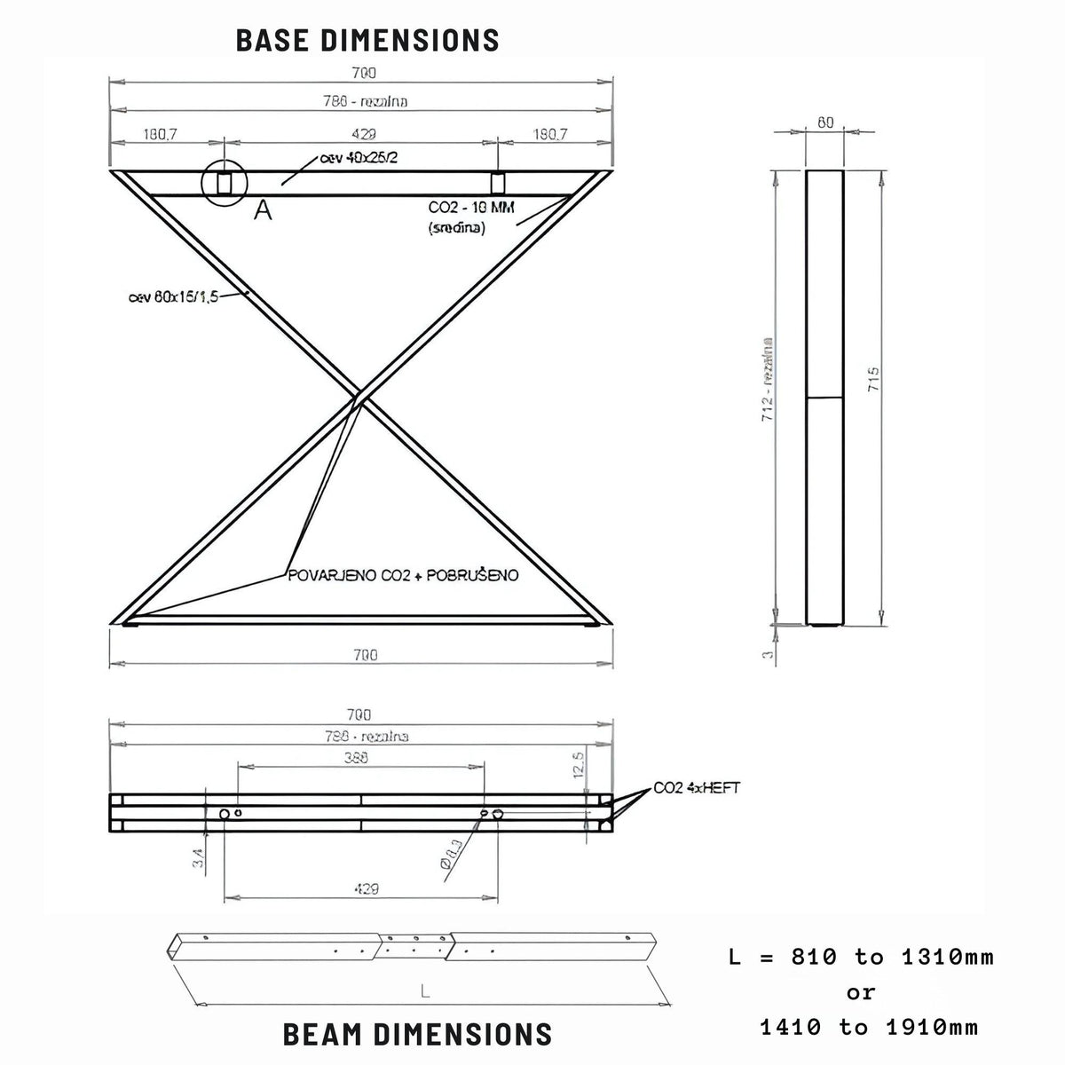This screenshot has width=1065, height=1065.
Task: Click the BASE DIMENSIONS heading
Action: tap(367, 40)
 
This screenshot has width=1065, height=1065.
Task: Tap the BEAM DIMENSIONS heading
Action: tap(417, 1034)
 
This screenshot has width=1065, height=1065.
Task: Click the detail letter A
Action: tap(263, 209)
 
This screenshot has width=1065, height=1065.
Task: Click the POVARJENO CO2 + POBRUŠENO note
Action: tap(403, 575)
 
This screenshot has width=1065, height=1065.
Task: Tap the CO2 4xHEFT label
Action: tap(696, 787)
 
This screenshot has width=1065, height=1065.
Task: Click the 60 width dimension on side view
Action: tap(825, 123)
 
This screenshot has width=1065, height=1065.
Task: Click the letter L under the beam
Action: tap(425, 993)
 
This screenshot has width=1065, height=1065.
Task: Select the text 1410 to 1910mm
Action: tap(869, 1028)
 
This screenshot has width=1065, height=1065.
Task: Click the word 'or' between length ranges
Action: tap(860, 992)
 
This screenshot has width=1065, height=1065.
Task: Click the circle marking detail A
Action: tap(224, 182)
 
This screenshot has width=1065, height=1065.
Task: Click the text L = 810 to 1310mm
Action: tap(860, 957)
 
